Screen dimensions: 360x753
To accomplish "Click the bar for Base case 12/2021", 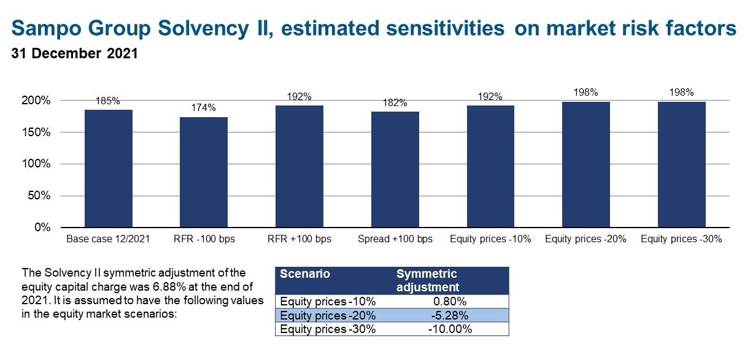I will (x=109, y=169).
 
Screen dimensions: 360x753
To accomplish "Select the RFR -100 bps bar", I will (x=204, y=172).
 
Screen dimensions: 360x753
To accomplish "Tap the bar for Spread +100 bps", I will (x=395, y=170).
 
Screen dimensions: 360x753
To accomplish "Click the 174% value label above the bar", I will (x=204, y=108).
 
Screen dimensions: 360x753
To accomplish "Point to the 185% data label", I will (x=108, y=101).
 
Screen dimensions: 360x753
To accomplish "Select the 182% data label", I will (x=395, y=103).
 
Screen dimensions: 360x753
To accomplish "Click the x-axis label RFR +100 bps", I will (x=299, y=239).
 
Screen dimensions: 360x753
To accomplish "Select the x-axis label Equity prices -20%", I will (x=585, y=239).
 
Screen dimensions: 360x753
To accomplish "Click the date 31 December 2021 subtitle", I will (x=74, y=53).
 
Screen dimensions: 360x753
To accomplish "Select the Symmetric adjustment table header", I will (x=428, y=280).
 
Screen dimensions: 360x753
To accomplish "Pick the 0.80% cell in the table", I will (x=450, y=302).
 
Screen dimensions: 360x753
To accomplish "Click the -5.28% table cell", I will (x=450, y=316).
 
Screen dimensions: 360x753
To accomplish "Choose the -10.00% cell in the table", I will (x=450, y=329).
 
